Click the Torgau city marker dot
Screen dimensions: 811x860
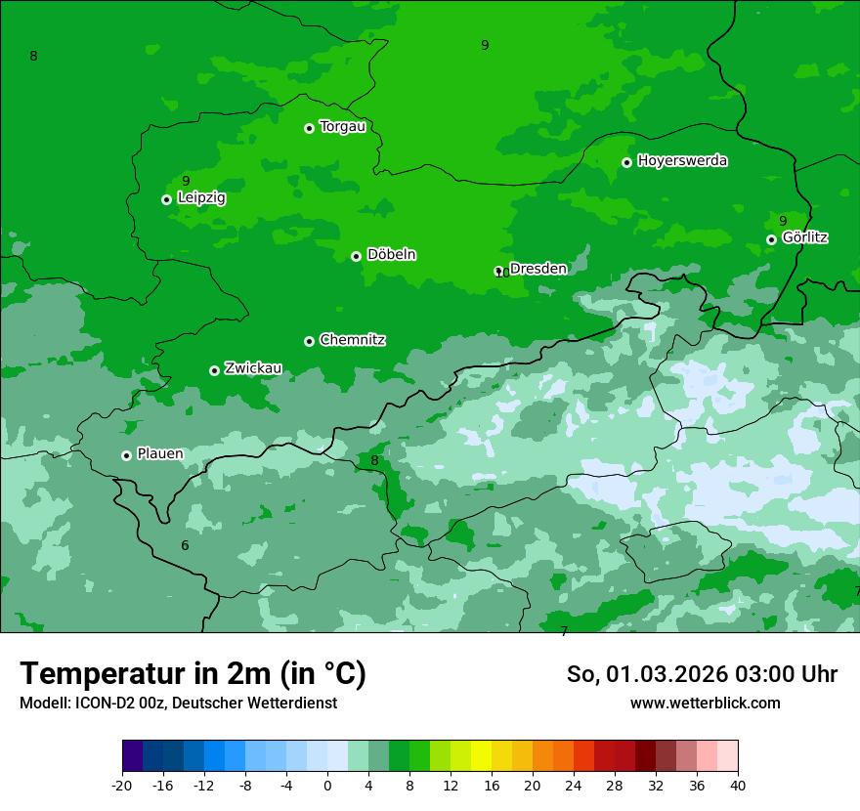pyautogui.click(x=309, y=128)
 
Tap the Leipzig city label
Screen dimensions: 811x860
pyautogui.click(x=201, y=197)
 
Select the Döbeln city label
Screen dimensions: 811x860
pyautogui.click(x=391, y=254)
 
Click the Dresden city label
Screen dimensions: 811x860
pyautogui.click(x=537, y=268)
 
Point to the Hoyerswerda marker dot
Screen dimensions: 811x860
pyautogui.click(x=626, y=162)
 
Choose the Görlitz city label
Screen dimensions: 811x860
pyautogui.click(x=805, y=236)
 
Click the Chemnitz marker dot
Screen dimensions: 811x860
pyautogui.click(x=309, y=341)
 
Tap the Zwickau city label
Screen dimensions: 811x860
pyautogui.click(x=253, y=368)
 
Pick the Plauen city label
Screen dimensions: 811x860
pyautogui.click(x=160, y=453)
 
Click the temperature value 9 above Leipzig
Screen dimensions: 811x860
pyautogui.click(x=186, y=181)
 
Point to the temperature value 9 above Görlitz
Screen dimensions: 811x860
pyautogui.click(x=783, y=221)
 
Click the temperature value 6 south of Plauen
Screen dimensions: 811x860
pyautogui.click(x=185, y=545)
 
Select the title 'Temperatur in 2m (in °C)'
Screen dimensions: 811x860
pyautogui.click(x=193, y=673)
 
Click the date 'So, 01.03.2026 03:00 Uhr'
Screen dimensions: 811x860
pyautogui.click(x=702, y=674)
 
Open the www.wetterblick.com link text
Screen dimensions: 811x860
pyautogui.click(x=705, y=703)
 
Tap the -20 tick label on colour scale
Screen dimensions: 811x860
pyautogui.click(x=122, y=786)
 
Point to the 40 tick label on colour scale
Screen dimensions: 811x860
pyautogui.click(x=738, y=786)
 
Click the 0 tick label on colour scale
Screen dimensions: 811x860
pyautogui.click(x=327, y=786)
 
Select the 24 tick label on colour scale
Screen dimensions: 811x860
pyautogui.click(x=574, y=786)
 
